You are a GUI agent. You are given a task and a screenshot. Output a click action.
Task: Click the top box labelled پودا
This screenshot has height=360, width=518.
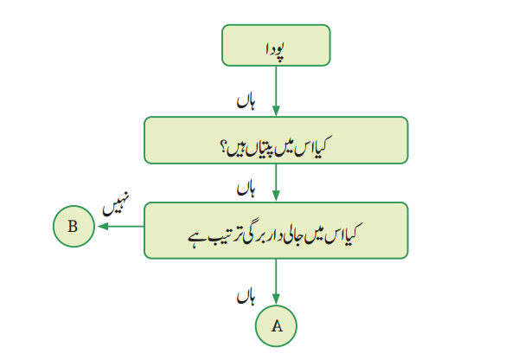click(276, 45)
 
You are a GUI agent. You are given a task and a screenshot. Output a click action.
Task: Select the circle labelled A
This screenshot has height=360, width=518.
click(276, 326)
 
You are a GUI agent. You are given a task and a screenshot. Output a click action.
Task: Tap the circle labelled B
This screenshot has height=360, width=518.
click(74, 227)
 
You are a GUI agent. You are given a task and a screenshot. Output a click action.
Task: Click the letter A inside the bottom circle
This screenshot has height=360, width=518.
click(278, 326)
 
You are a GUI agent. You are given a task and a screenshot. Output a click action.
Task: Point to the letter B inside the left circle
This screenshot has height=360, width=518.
click(73, 227)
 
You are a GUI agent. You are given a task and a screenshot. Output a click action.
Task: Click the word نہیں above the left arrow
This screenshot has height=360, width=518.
click(116, 204)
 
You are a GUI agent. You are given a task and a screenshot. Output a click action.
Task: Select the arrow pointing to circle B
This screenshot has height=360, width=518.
click(121, 227)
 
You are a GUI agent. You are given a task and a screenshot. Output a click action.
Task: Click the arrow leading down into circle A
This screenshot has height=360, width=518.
click(276, 281)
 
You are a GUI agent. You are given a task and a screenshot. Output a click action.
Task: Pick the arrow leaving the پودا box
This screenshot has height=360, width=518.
click(276, 91)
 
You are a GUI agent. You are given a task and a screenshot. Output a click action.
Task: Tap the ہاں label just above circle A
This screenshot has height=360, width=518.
click(246, 297)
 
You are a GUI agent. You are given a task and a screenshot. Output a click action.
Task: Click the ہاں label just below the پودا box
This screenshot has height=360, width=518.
click(246, 102)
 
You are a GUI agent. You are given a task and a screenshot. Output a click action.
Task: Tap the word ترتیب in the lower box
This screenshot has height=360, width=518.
click(223, 236)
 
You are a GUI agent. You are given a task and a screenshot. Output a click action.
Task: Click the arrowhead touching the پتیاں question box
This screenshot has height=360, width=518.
click(276, 111)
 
